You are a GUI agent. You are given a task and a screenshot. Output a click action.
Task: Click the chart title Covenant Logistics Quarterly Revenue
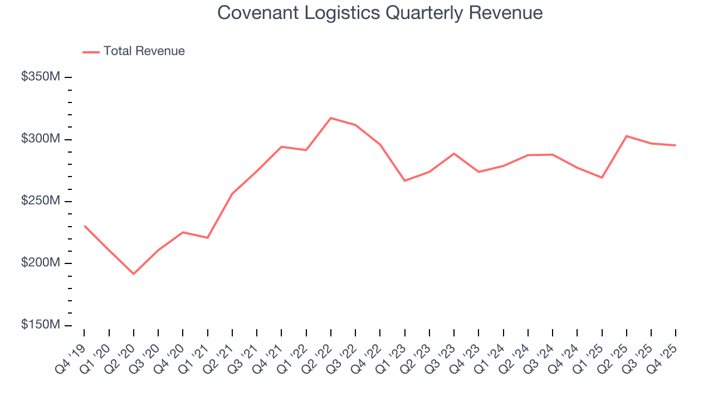(380, 12)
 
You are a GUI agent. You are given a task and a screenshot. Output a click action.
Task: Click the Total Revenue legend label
(144, 51)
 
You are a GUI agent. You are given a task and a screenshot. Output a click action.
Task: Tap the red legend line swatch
(91, 52)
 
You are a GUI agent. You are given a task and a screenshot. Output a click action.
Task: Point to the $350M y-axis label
(40, 77)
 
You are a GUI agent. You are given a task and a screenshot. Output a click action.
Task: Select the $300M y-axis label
(40, 139)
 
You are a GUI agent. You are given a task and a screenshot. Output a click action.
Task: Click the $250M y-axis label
(40, 200)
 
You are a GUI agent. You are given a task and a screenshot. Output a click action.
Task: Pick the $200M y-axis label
(40, 263)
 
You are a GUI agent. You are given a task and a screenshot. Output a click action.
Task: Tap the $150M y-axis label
(40, 325)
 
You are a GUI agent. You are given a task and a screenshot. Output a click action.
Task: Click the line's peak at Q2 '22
(331, 118)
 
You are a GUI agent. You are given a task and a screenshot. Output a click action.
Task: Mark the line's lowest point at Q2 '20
(134, 273)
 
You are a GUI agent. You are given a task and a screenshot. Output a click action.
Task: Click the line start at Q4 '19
(85, 226)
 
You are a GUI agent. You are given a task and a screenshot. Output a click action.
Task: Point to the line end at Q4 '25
(676, 145)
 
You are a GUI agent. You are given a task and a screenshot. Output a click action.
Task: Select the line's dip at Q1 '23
(404, 180)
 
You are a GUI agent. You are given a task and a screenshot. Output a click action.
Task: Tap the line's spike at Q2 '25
(627, 136)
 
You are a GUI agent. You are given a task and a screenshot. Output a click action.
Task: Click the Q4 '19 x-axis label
(70, 358)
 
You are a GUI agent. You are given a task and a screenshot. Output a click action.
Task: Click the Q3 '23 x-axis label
(440, 358)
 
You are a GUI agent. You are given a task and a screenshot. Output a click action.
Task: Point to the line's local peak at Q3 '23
(454, 153)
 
